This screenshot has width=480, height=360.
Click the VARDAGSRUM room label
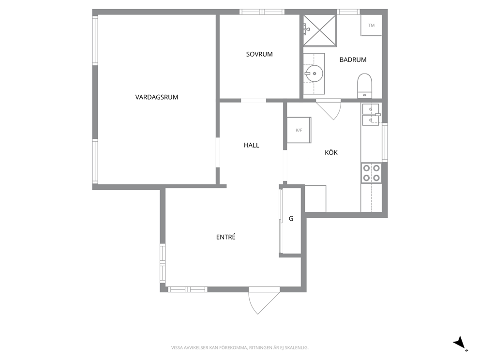pos(156,97)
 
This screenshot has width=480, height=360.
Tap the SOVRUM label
pos(259,54)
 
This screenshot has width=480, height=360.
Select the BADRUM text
pos(353,60)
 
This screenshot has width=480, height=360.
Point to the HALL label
pos(251,145)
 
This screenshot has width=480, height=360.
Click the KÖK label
pos(331,152)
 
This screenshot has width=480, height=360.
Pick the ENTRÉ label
pos(225,237)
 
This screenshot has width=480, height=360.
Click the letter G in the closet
pos(291,219)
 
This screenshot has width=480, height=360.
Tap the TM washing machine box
pos(371,26)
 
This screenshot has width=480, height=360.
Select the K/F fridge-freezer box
pos(299,130)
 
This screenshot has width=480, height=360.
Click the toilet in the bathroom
pos(364,86)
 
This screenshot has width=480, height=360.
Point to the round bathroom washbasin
pos(314,74)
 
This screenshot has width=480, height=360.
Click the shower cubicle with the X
pos(319,30)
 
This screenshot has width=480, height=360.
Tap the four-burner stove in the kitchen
pos(371,173)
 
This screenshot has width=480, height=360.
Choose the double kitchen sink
pos(371,115)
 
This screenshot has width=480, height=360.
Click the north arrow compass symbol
pos(460,344)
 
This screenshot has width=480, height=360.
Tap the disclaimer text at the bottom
pos(240,348)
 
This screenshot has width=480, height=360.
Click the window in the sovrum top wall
pos(262,12)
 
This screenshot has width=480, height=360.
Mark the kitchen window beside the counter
pos(385,142)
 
